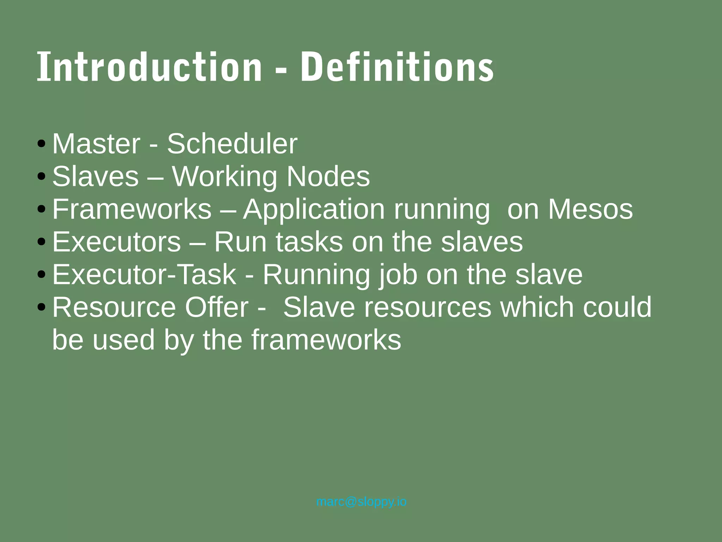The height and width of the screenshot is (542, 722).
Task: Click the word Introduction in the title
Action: coord(149,67)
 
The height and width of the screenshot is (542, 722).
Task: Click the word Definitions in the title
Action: coord(397,67)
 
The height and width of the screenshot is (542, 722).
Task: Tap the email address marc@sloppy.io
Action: coord(361,501)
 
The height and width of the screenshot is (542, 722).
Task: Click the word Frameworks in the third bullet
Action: coord(131,209)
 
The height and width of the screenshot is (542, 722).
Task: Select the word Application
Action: coord(313,210)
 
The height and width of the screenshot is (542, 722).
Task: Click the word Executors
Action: coord(116,242)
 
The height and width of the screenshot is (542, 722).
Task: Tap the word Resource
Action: coord(114,307)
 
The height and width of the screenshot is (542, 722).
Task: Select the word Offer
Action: coord(216,307)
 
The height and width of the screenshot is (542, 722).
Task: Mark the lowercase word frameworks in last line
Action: coord(326,340)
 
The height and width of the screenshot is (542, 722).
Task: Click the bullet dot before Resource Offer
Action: coord(41,307)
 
